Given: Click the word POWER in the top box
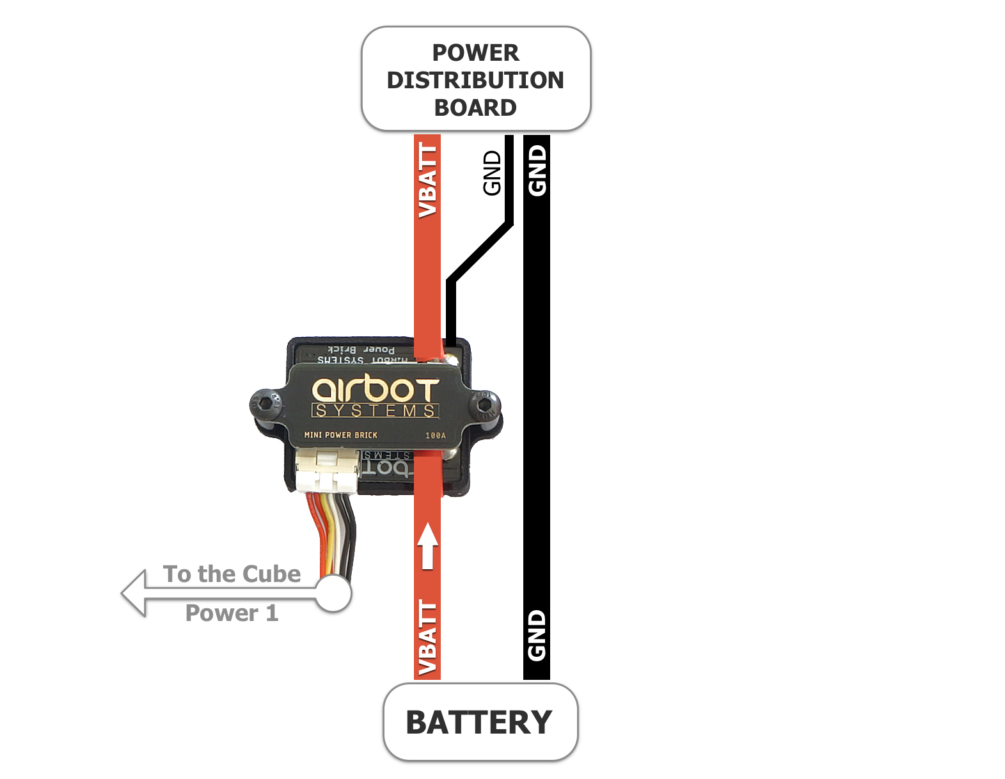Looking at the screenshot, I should [x=475, y=52].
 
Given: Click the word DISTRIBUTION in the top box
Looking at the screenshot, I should [x=475, y=80].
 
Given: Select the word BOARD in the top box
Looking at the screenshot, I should [x=475, y=107].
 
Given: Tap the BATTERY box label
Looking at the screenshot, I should [x=479, y=723].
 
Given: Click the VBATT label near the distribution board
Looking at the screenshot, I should [x=427, y=181].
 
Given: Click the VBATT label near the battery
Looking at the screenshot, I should [x=427, y=638].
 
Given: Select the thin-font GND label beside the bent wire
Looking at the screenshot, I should [x=492, y=173].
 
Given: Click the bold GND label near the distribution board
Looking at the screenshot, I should [x=537, y=170].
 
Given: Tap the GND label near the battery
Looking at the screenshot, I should [x=537, y=634].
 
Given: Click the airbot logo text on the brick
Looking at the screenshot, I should [x=376, y=390].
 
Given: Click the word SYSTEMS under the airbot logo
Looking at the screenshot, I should [x=376, y=411].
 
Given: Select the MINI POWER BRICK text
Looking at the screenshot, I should [x=340, y=435].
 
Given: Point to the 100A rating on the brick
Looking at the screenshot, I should [x=436, y=436].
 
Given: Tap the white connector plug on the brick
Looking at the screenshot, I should [x=327, y=471].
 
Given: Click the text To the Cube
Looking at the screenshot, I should [x=232, y=574].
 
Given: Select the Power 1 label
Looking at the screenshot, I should [x=232, y=613].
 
